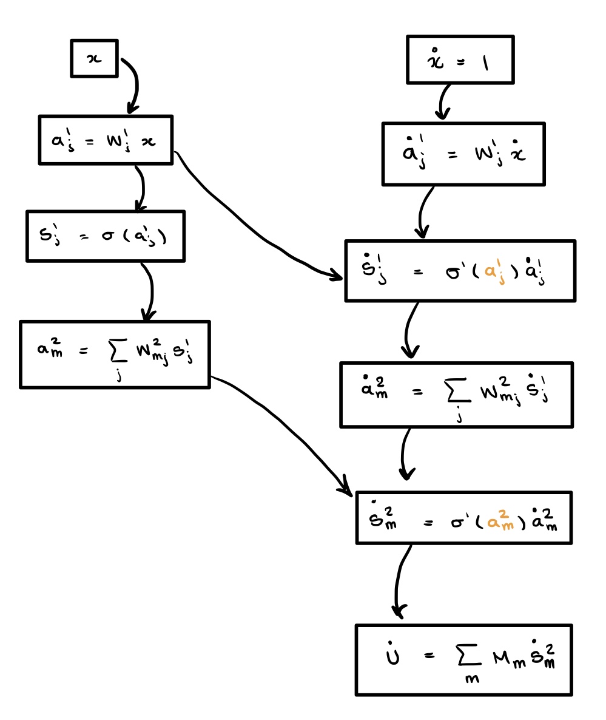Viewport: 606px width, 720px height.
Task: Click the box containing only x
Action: [x=94, y=58]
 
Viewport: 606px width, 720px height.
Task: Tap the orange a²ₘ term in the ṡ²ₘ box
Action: [x=500, y=520]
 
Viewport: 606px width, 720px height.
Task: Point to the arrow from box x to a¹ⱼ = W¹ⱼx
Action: [x=134, y=85]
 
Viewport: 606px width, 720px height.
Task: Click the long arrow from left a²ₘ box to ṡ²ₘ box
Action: [x=285, y=425]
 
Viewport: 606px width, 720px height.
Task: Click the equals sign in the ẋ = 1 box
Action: [x=460, y=62]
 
